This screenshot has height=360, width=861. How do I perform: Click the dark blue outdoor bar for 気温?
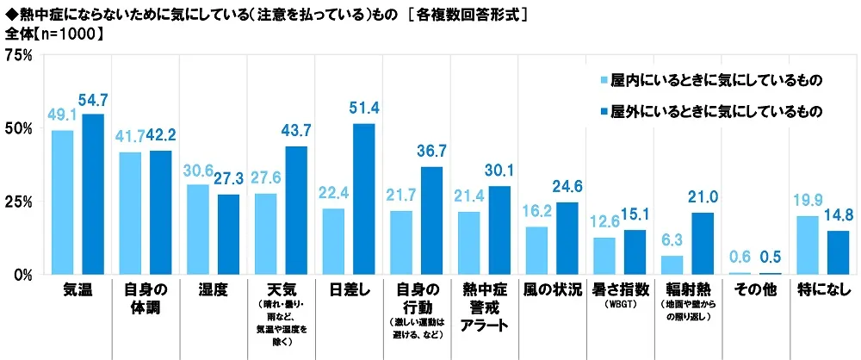[92, 195]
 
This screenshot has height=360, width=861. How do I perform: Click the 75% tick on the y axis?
[19, 55]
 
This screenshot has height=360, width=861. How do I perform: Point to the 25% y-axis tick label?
[19, 202]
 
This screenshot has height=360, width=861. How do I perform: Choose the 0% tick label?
[23, 275]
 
